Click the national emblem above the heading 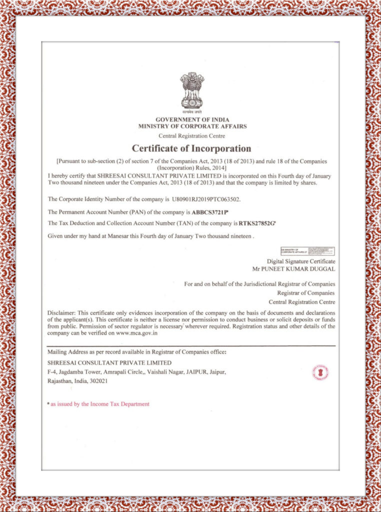click(192, 90)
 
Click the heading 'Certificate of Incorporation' click(191, 148)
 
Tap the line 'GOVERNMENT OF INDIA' click(192, 120)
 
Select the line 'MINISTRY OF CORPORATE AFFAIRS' click(192, 126)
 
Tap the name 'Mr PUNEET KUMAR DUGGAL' click(294, 268)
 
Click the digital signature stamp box click(307, 251)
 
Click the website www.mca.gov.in click(137, 332)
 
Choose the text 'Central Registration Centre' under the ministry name click(191, 135)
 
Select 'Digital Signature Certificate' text click(301, 261)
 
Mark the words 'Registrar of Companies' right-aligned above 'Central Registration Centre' click(305, 293)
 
